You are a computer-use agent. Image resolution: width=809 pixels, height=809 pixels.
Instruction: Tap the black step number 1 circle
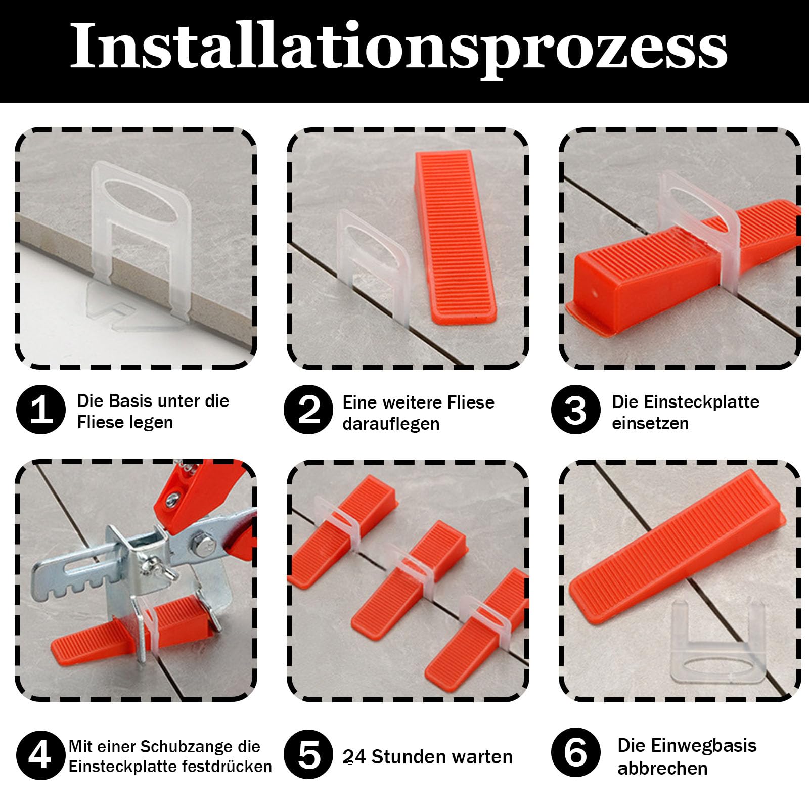(x=41, y=410)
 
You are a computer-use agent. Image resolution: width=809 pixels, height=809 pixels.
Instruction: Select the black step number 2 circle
(x=308, y=410)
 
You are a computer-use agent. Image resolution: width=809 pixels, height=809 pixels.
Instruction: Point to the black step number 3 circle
(x=576, y=410)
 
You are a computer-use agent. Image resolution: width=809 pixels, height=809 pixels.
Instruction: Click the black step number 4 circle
(x=41, y=755)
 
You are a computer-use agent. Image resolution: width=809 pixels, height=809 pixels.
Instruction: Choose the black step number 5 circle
(x=308, y=755)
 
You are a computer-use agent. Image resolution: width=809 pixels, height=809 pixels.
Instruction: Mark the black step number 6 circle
(x=576, y=753)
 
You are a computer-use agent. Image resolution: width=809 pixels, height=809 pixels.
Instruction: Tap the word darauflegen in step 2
(x=391, y=424)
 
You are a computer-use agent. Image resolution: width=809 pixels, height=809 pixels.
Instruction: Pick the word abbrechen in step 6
(x=662, y=769)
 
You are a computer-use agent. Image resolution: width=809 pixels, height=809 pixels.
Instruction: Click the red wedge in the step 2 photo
(x=456, y=237)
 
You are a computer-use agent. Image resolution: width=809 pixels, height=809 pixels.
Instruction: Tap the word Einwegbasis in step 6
(x=687, y=746)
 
